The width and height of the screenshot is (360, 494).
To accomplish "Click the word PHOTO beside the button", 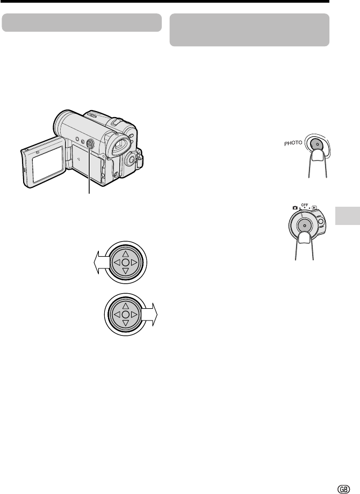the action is click(293, 143).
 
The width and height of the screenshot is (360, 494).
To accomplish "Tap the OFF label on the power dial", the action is click(305, 205).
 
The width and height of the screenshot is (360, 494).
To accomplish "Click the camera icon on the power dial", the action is click(295, 208).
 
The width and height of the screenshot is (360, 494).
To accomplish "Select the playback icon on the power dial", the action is click(314, 208).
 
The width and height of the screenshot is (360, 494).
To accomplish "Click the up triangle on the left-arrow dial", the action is click(126, 254).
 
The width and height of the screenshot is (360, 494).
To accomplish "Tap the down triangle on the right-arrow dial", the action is click(126, 323).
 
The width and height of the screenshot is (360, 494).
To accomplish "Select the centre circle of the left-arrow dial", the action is click(126, 263).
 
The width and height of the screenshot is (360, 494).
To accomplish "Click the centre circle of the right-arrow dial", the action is click(126, 315).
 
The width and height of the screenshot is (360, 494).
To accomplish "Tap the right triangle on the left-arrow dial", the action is click(134, 263).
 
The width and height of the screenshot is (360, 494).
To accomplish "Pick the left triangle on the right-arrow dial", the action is click(117, 315).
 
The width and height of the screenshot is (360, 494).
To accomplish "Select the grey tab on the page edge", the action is click(348, 216).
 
